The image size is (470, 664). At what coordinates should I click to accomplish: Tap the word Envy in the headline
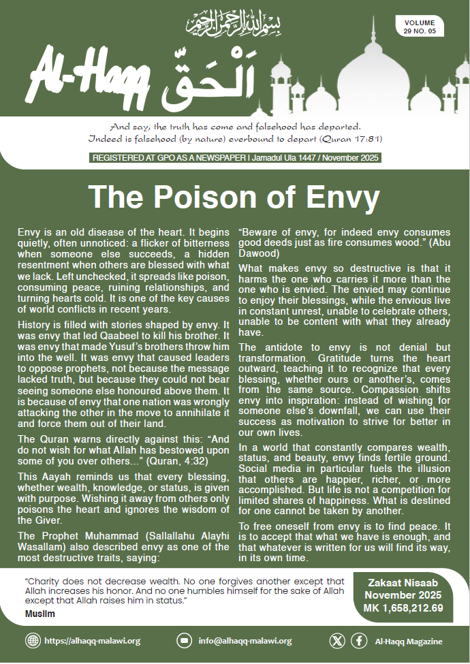(332, 197)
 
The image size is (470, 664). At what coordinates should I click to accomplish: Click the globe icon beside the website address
(32, 641)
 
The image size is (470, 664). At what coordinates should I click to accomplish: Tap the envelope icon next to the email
(183, 641)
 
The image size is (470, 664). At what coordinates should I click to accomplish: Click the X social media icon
(337, 641)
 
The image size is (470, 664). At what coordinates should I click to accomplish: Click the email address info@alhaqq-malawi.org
(245, 641)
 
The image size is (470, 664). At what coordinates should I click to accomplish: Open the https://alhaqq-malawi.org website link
(92, 641)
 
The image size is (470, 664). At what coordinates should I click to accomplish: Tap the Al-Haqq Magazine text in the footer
(409, 641)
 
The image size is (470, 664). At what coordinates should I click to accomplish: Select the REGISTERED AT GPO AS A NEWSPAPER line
(161, 159)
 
